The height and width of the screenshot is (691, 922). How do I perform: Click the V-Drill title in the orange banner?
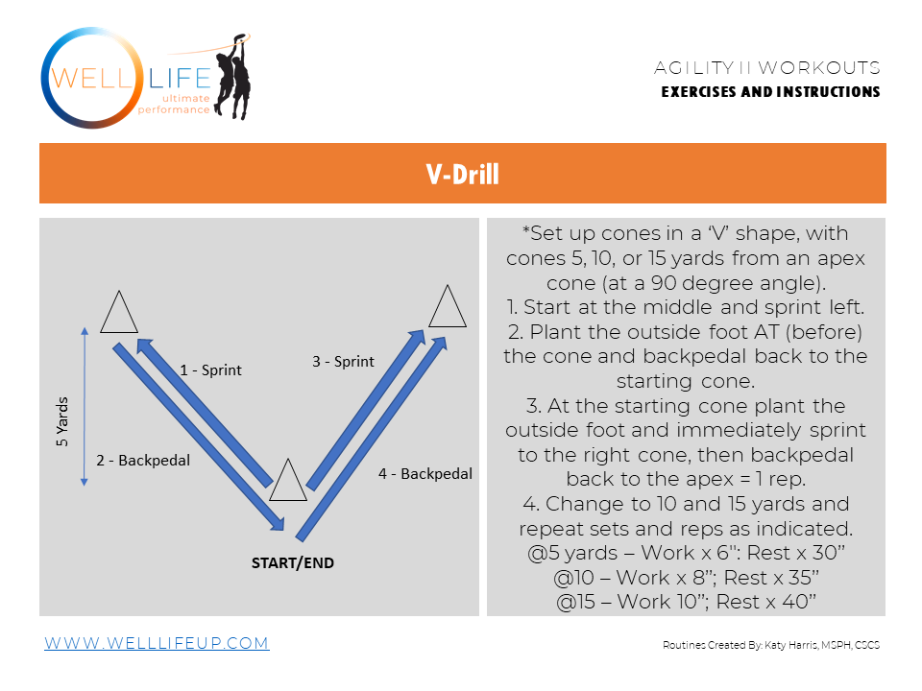tap(462, 174)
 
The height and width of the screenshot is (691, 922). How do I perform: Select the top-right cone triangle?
tap(447, 307)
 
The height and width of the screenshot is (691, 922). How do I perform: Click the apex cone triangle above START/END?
tap(287, 481)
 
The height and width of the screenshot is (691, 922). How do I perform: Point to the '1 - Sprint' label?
tap(211, 369)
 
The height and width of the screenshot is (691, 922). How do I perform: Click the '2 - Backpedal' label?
tap(143, 461)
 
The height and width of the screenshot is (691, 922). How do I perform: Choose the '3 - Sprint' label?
tap(343, 362)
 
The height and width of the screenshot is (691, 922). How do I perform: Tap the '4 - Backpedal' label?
tap(425, 474)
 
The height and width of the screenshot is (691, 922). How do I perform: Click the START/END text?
tap(286, 563)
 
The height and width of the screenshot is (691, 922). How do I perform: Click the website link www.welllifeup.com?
tap(157, 643)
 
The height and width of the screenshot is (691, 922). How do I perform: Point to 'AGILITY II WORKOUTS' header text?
tap(766, 68)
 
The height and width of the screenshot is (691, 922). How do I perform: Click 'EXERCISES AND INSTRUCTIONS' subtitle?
tap(770, 92)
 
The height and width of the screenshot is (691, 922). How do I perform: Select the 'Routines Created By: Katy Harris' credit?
tap(770, 645)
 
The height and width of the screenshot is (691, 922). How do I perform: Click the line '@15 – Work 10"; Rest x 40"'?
tap(686, 602)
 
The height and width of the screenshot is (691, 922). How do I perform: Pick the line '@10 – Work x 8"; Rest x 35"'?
tap(686, 578)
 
